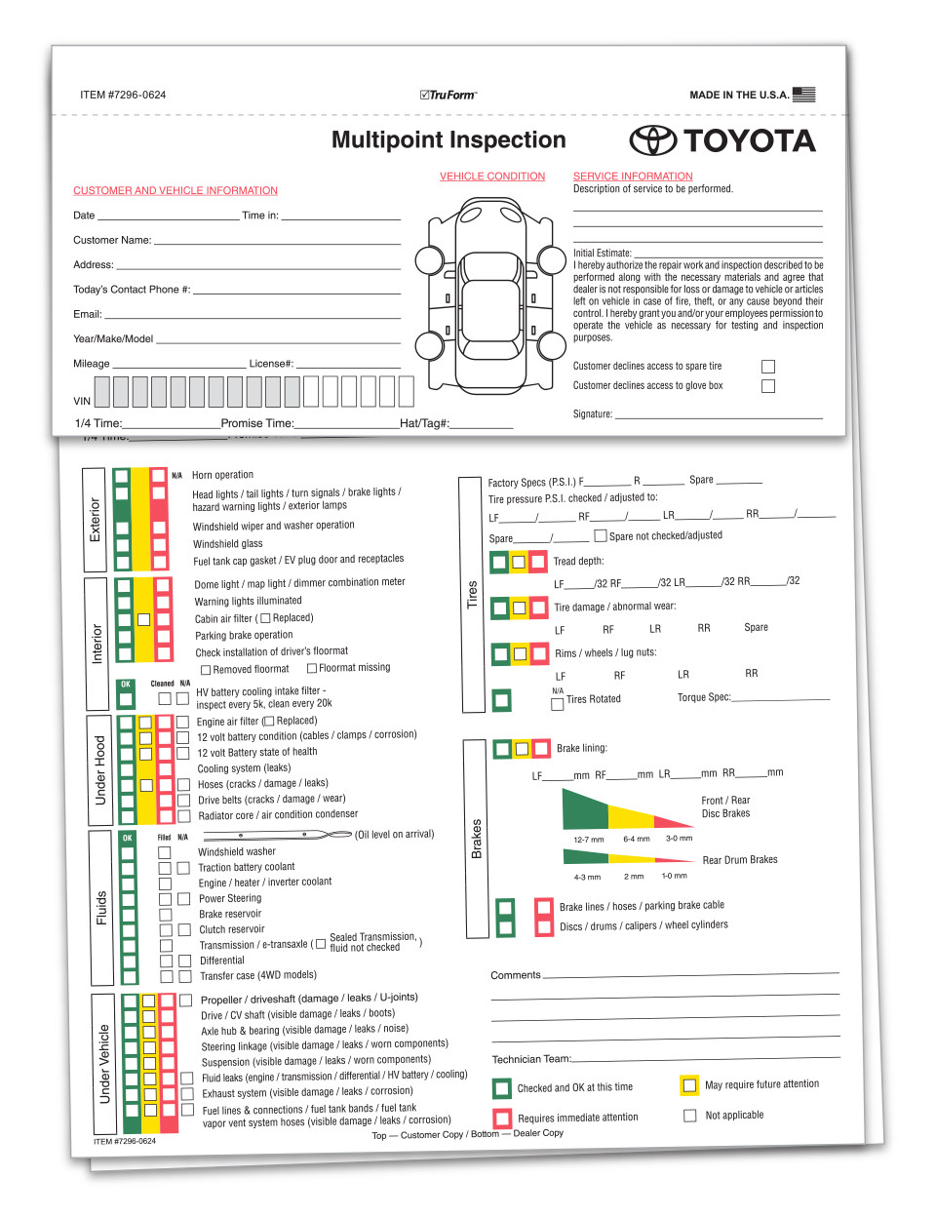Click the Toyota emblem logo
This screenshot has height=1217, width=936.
(652, 140)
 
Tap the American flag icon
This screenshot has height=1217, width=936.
(803, 95)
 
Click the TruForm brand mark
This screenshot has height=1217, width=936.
(448, 95)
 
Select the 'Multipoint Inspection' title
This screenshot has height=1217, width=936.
(448, 140)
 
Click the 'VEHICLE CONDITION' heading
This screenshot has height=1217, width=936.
(492, 177)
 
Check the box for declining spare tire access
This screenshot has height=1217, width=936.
(768, 367)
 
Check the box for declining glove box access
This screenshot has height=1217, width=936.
(768, 386)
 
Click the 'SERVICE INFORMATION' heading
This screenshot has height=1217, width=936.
(633, 177)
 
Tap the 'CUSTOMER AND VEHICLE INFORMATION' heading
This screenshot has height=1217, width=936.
(175, 191)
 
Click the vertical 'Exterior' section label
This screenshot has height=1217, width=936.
(95, 520)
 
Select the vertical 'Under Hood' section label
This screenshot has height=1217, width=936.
(99, 770)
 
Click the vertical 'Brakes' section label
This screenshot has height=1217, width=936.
(476, 839)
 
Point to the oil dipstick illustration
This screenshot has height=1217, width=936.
(277, 835)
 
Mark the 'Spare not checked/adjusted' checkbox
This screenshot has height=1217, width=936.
(601, 535)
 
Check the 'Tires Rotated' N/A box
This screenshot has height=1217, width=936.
(558, 704)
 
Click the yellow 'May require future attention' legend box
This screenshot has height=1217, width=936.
(689, 1085)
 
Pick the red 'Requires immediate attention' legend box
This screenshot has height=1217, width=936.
(502, 1118)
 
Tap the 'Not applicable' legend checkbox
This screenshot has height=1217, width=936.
(689, 1116)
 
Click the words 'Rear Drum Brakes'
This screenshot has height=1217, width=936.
(740, 860)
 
